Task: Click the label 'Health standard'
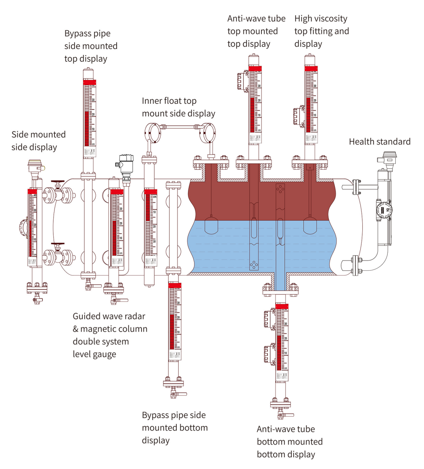pyautogui.click(x=380, y=141)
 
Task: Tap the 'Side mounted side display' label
pyautogui.click(x=38, y=141)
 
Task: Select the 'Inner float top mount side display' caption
pyautogui.click(x=178, y=107)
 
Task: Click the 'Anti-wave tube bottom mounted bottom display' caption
pyautogui.click(x=290, y=442)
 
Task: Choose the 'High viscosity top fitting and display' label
pyautogui.click(x=322, y=31)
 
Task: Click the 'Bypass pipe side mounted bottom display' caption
pyautogui.click(x=175, y=427)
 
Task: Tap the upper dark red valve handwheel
pyautogui.click(x=60, y=182)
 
